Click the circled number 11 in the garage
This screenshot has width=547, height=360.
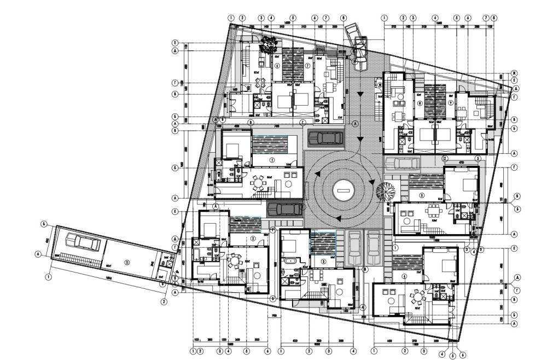(x=127, y=262)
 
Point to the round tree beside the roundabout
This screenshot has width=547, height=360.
(x=387, y=191)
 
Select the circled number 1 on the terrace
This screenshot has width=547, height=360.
(x=272, y=160)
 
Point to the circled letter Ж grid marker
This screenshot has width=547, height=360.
(x=515, y=73)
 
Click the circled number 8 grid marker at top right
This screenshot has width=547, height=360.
(x=494, y=18)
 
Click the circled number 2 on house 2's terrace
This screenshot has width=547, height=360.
(x=253, y=239)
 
